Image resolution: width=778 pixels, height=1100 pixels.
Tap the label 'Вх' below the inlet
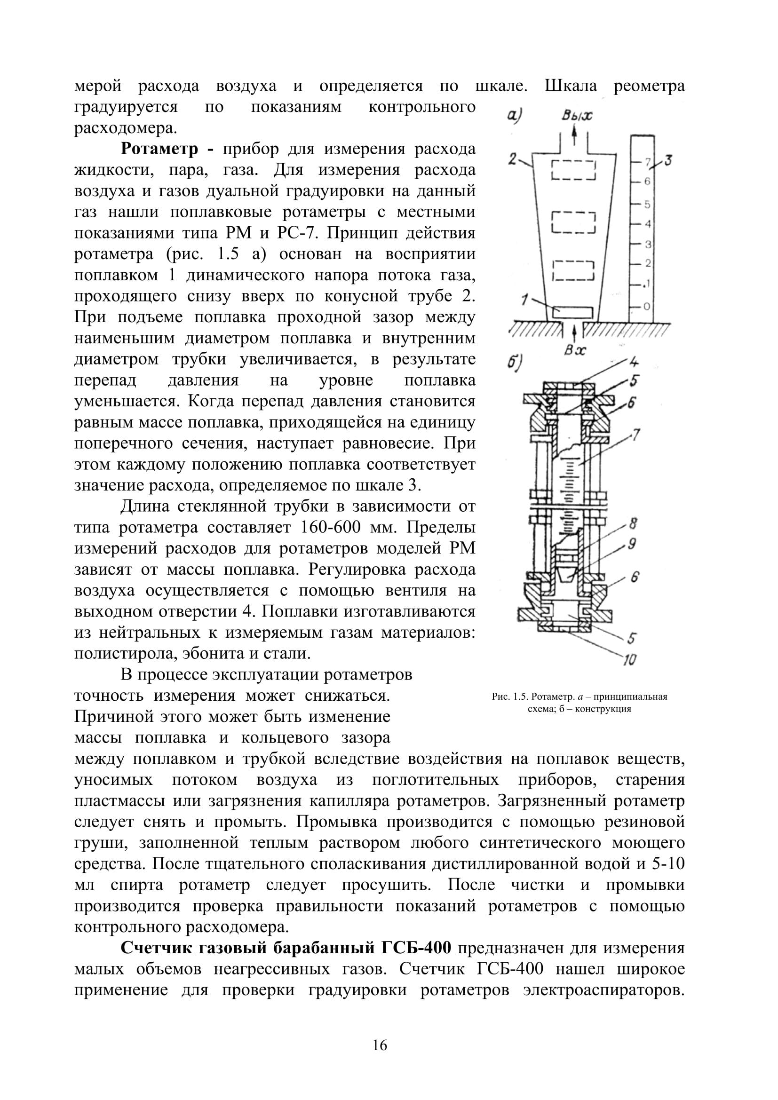[574, 350]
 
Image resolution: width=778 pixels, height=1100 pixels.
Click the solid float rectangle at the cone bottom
[573, 312]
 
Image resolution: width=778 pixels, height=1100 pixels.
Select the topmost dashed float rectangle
[573, 170]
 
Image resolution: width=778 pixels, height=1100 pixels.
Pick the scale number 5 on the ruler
[647, 204]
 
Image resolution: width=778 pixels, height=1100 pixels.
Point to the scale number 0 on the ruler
[647, 306]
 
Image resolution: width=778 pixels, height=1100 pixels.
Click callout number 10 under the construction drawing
[629, 660]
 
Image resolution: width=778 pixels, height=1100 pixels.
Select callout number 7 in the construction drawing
[636, 436]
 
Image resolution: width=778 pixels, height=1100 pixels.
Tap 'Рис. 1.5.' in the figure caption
[510, 696]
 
